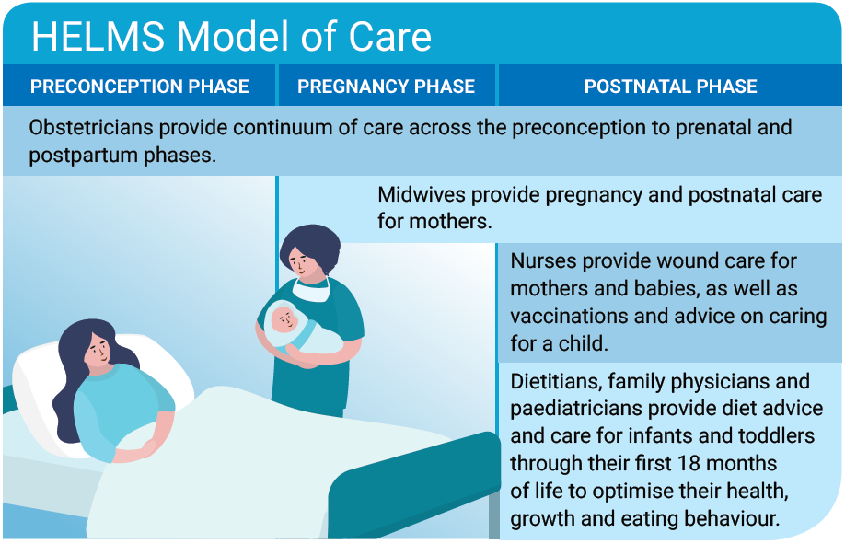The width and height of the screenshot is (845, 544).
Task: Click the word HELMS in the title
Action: pyautogui.click(x=98, y=37)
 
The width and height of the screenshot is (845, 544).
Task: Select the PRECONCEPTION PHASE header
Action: pyautogui.click(x=140, y=87)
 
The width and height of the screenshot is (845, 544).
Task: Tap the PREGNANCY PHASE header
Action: pyautogui.click(x=386, y=87)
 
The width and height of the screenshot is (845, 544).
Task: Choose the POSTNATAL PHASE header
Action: pyautogui.click(x=671, y=87)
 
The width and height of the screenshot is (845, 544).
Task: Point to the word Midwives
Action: pyautogui.click(x=422, y=194)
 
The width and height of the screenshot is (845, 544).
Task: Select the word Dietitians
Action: pyautogui.click(x=556, y=381)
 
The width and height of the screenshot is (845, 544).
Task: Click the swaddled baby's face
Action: pyautogui.click(x=284, y=319)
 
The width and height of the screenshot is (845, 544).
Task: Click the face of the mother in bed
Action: pyautogui.click(x=98, y=350)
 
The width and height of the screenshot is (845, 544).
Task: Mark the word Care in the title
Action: pyautogui.click(x=389, y=37)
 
